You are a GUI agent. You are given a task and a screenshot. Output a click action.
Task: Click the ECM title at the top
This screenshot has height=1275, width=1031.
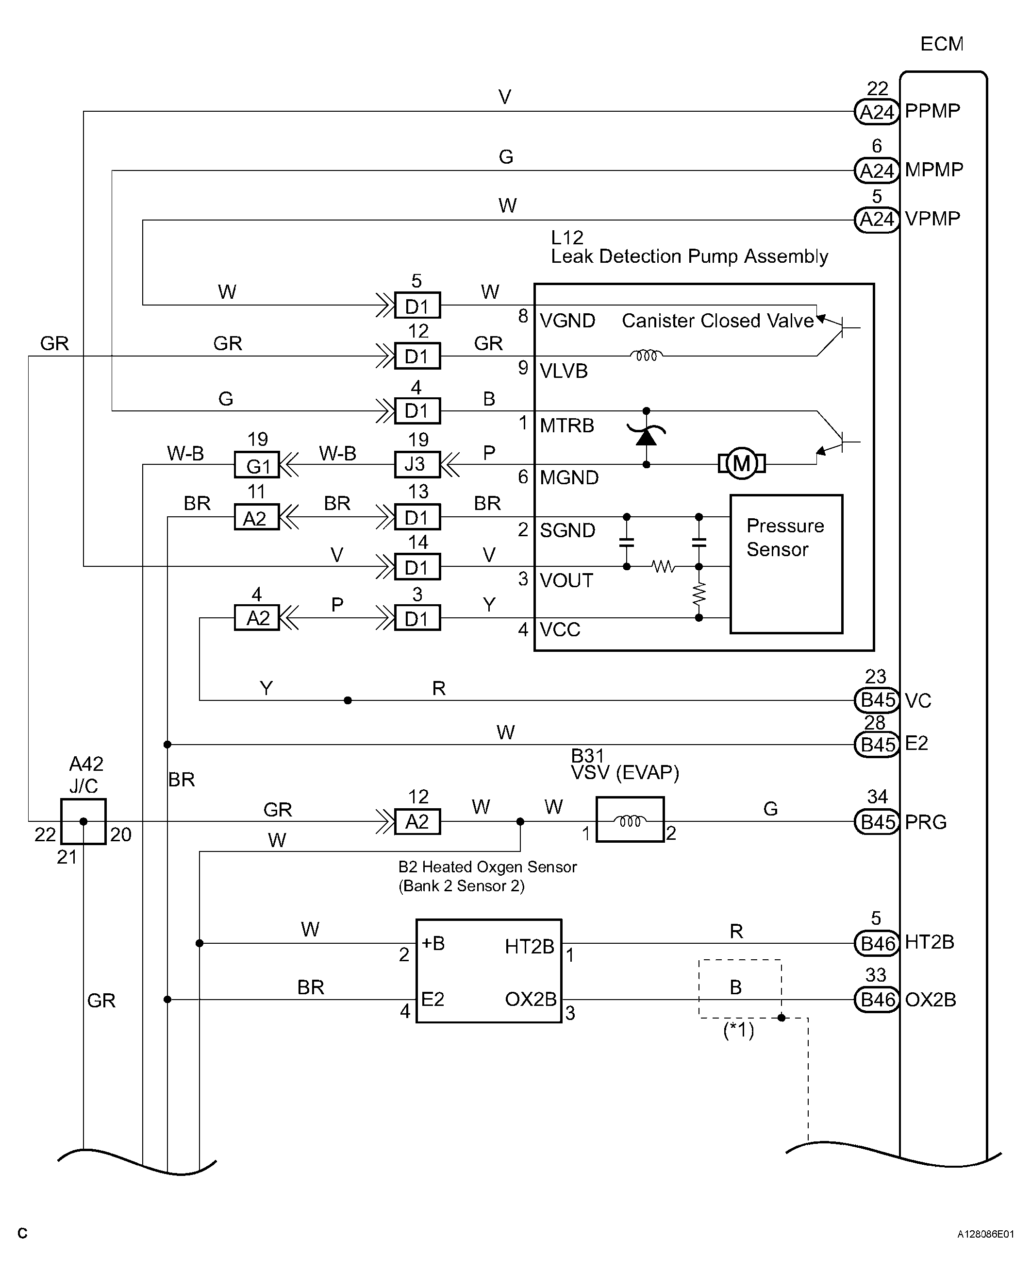pos(941,44)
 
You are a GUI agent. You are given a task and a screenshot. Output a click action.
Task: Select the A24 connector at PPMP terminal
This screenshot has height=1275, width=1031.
pos(877,112)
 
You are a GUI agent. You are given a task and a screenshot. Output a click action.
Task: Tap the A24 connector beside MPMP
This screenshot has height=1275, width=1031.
pos(877,170)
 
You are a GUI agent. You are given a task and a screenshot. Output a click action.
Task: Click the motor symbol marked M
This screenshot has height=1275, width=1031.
pos(741,463)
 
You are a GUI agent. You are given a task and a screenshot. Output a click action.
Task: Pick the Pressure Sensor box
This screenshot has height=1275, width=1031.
pos(786,564)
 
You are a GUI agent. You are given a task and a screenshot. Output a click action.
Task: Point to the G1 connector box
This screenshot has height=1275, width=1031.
pos(257,465)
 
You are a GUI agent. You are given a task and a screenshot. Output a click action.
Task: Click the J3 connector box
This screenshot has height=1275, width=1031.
pos(417,464)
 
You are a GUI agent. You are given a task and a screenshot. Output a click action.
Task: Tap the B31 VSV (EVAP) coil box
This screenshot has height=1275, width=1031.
pos(630,819)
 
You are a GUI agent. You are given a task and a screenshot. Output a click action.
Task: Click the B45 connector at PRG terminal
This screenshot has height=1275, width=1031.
pos(877,822)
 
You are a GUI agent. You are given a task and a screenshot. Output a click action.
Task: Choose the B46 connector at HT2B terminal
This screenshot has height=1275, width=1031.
pos(877,943)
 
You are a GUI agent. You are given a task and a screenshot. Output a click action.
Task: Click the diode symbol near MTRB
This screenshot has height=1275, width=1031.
pos(646,437)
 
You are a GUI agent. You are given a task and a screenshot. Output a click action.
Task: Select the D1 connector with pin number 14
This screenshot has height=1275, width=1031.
pos(417,567)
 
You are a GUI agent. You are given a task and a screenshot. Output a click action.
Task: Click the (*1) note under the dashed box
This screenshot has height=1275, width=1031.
pos(738,1030)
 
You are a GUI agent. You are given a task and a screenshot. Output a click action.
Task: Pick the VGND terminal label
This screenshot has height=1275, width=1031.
pos(567,321)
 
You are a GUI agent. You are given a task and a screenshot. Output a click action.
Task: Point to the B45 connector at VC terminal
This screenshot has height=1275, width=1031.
pos(877,700)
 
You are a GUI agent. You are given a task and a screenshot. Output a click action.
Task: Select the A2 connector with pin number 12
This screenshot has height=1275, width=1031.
pos(417,822)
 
